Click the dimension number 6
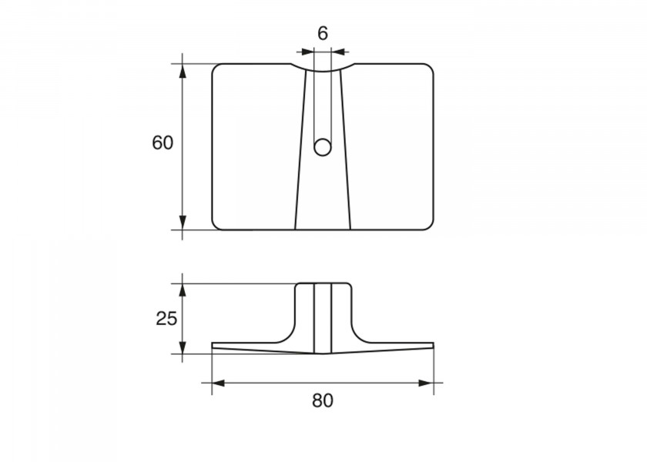pyautogui.click(x=323, y=33)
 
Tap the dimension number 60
pyautogui.click(x=163, y=142)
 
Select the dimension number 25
pyautogui.click(x=166, y=319)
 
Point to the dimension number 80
pyautogui.click(x=322, y=400)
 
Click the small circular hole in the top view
pyautogui.click(x=322, y=147)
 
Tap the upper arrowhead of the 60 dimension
pyautogui.click(x=183, y=71)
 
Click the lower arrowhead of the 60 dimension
pyautogui.click(x=183, y=223)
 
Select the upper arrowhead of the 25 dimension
pyautogui.click(x=183, y=291)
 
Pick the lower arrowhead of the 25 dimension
pyautogui.click(x=183, y=347)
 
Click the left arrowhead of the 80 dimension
pyautogui.click(x=218, y=383)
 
